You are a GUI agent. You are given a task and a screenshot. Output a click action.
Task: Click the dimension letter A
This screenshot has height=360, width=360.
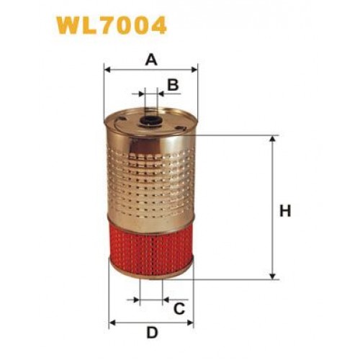150,60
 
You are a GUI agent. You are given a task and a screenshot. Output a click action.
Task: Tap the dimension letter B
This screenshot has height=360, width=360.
173,86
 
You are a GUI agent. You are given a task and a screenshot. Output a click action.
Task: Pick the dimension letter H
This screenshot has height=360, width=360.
284,212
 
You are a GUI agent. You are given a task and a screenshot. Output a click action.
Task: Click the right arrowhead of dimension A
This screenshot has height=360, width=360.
194,71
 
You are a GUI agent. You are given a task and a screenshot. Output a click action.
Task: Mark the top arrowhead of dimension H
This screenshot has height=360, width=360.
272,138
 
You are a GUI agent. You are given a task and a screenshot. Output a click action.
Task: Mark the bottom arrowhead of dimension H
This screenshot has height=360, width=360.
272,276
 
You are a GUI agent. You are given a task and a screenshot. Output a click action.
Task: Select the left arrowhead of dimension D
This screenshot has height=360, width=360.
112,321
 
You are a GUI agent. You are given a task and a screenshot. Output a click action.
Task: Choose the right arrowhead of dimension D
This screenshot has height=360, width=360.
190,321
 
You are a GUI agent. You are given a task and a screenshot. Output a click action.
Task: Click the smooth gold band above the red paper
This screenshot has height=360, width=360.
150,221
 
